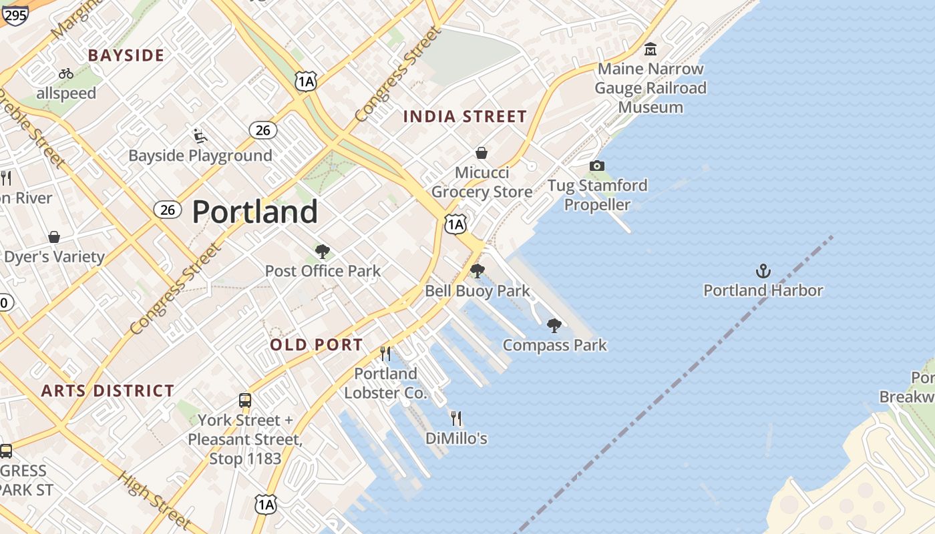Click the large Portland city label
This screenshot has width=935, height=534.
tap(254, 212)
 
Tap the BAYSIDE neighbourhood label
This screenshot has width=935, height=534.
tap(126, 55)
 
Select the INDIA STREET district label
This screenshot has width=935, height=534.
tap(465, 117)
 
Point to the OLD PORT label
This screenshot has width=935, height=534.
tap(317, 345)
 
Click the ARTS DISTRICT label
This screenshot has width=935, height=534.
tap(108, 391)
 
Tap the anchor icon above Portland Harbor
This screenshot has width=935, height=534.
tap(763, 271)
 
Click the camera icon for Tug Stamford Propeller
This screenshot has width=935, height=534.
tap(596, 166)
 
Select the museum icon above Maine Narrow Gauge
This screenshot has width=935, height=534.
tap(650, 49)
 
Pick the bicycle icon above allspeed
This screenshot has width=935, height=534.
tap(66, 73)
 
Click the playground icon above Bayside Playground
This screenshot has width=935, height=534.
tap(200, 136)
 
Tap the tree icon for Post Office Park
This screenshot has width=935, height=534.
tap(323, 252)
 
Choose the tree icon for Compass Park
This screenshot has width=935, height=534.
tap(554, 326)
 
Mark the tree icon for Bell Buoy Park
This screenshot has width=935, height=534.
tap(477, 271)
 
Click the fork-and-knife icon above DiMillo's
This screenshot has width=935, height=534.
tap(456, 419)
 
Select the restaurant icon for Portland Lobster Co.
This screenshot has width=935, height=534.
tap(385, 353)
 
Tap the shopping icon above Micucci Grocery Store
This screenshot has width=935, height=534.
tap(481, 153)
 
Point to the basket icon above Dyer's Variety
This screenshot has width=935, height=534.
tap(54, 237)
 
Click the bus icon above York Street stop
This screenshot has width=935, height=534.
tap(245, 400)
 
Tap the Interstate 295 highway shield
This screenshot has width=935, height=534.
tap(14, 14)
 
